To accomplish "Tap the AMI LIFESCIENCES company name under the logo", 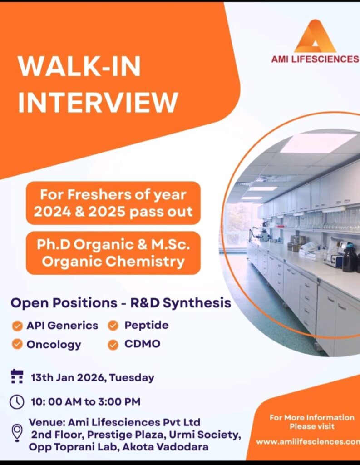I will tap(315, 59).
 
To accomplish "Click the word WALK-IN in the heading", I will tap(79, 67).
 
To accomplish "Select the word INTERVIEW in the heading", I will tap(98, 102).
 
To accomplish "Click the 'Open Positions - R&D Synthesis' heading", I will tap(121, 302).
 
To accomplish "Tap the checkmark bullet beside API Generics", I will tap(17, 326).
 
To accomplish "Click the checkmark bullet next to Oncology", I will tap(17, 344).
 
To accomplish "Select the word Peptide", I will tap(146, 325).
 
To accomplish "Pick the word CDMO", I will tap(142, 344).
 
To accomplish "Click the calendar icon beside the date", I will tap(17, 377).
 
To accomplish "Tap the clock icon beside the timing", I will tap(17, 402).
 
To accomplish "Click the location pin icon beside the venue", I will tap(17, 432).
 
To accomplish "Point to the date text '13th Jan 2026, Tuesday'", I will tap(92, 377).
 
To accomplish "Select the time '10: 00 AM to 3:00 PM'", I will tap(85, 401).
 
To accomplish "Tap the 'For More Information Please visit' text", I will tap(311, 422).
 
